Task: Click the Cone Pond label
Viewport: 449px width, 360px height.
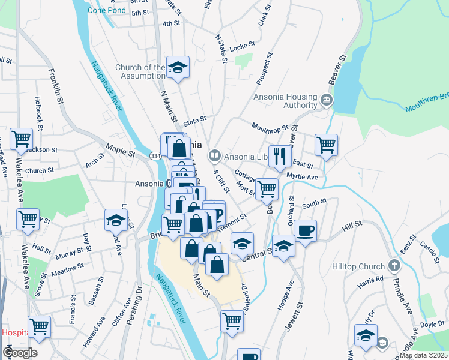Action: [x=107, y=10]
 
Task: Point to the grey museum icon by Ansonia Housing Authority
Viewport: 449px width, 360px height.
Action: [x=326, y=98]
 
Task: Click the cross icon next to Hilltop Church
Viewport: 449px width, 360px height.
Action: [x=394, y=265]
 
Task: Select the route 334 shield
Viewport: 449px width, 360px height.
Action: [x=154, y=156]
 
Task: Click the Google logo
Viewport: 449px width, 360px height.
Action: [x=20, y=352]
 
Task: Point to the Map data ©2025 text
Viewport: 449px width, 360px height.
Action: [x=422, y=355]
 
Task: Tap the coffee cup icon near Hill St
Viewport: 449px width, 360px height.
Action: [x=305, y=230]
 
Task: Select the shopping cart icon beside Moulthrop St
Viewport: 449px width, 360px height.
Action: [x=326, y=145]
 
